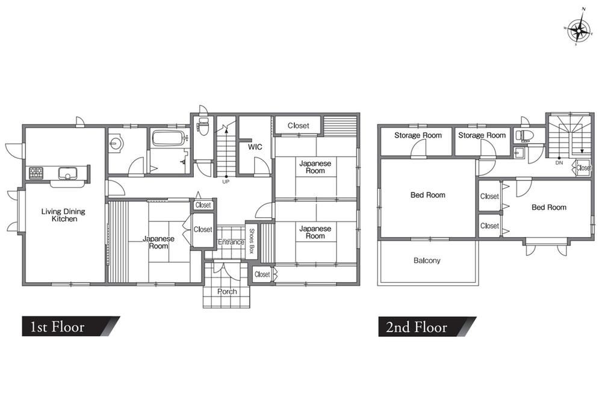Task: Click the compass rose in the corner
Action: (x=579, y=29)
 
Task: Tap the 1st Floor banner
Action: (x=71, y=327)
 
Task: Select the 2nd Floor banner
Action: (x=427, y=327)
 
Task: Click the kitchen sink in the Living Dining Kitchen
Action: (x=67, y=173)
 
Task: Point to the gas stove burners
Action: (x=36, y=173)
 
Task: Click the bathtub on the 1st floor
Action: (x=168, y=138)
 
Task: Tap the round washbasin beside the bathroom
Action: (x=114, y=143)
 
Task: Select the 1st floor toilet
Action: (x=203, y=126)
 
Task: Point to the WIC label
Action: (x=255, y=147)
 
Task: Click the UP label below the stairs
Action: (x=226, y=182)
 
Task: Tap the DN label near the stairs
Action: (x=559, y=162)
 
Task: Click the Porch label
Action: (x=227, y=292)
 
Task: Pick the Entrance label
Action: (x=231, y=242)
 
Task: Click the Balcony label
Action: (x=427, y=260)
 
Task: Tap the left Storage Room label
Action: (x=418, y=135)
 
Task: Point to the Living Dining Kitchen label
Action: (x=64, y=215)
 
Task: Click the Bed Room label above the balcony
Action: (x=427, y=195)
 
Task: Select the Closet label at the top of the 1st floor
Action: (x=298, y=126)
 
